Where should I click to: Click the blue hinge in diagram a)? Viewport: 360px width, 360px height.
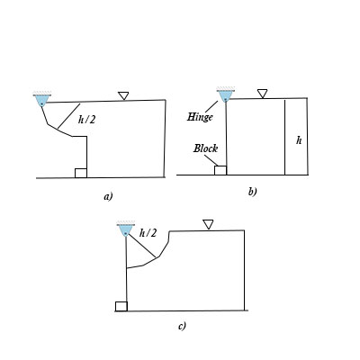coord(41,100)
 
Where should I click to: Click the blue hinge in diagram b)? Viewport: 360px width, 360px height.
coord(225,95)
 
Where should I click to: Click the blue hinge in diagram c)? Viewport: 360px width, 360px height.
coord(126,231)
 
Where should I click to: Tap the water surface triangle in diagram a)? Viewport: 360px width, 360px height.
coord(123,95)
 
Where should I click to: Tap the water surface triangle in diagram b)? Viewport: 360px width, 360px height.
coord(262,93)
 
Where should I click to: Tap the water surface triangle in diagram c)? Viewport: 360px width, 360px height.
coord(208,224)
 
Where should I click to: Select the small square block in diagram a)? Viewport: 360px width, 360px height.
coord(80,173)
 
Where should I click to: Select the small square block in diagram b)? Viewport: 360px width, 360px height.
coord(220,169)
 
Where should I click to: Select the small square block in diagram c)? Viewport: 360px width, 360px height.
coord(121,306)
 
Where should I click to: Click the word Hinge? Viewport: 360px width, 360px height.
coord(198,117)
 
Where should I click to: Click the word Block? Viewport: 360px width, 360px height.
coord(205,148)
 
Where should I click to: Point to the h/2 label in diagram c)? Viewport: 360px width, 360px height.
coord(148,232)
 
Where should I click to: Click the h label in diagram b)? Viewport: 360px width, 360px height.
coord(299,140)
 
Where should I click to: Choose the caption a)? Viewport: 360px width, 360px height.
coord(108,195)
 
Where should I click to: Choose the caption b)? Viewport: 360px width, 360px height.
coord(253,191)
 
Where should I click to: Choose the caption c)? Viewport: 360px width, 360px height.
coord(182,325)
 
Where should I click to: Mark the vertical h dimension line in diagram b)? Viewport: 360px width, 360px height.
coord(285,136)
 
